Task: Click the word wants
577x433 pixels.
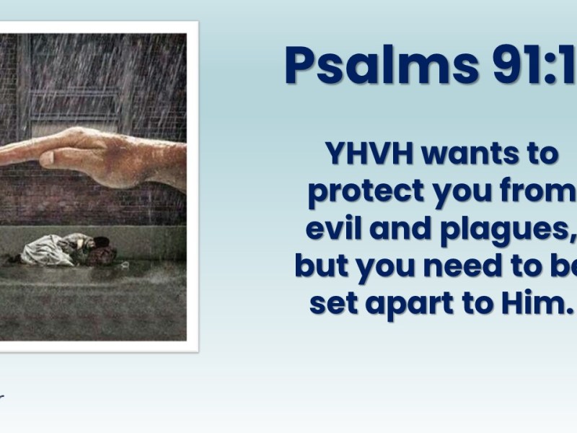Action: point(476,154)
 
